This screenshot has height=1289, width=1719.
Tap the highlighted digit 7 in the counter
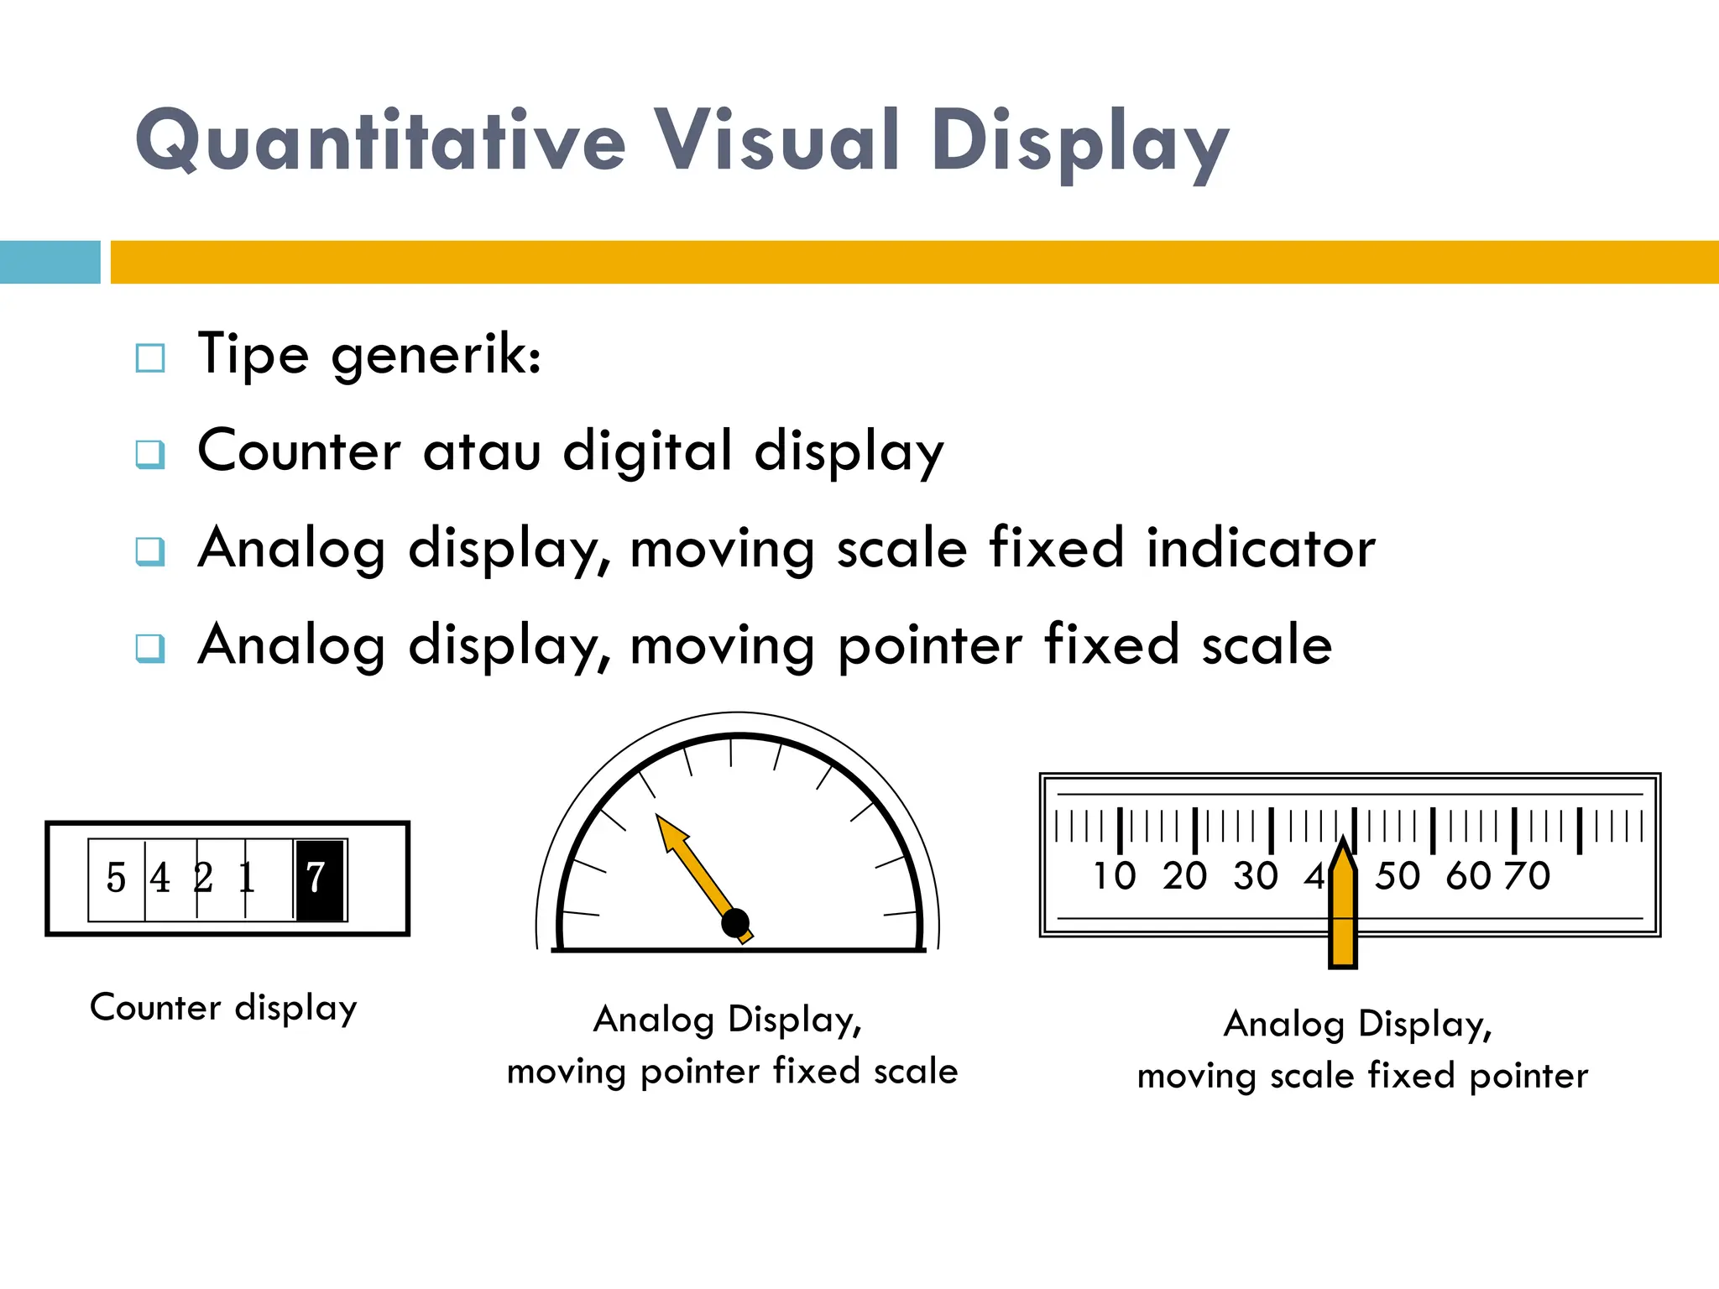(316, 879)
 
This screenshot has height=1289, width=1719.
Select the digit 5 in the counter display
(116, 879)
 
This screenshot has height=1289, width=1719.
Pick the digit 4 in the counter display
(159, 879)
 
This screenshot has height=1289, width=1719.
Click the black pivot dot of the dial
(736, 923)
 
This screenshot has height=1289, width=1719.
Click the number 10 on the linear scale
(1114, 876)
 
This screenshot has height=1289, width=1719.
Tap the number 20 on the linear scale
(1184, 876)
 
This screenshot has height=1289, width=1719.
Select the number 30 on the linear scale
(1255, 876)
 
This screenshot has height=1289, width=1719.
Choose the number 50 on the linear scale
(1398, 876)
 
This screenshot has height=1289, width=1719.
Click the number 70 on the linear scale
(1528, 876)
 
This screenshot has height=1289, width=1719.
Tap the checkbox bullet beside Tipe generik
(150, 358)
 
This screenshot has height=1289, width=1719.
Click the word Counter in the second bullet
(299, 451)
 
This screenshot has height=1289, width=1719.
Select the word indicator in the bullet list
(1261, 549)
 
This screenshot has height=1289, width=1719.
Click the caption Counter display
(223, 1008)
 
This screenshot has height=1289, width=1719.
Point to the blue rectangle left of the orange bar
(50, 262)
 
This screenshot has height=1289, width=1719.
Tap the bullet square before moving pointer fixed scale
(150, 648)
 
